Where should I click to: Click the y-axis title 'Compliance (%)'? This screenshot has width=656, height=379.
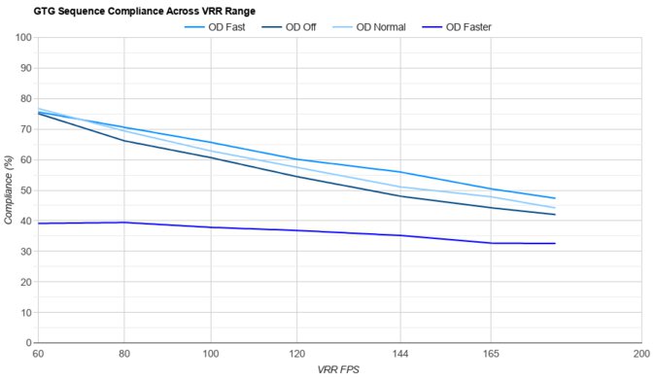tap(9, 190)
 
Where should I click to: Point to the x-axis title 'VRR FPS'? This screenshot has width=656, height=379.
tap(338, 370)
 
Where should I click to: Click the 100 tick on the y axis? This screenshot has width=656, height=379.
tap(22, 38)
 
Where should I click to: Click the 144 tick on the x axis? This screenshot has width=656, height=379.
tap(400, 355)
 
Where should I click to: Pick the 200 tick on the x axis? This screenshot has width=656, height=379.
tap(640, 355)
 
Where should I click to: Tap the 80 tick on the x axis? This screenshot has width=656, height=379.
tap(124, 355)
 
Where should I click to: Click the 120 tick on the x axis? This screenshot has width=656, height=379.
tap(295, 355)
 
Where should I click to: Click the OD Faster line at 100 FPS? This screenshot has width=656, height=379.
tap(210, 227)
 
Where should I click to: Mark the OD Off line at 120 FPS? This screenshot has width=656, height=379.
tap(295, 176)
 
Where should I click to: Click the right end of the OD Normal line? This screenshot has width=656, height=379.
tap(554, 208)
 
